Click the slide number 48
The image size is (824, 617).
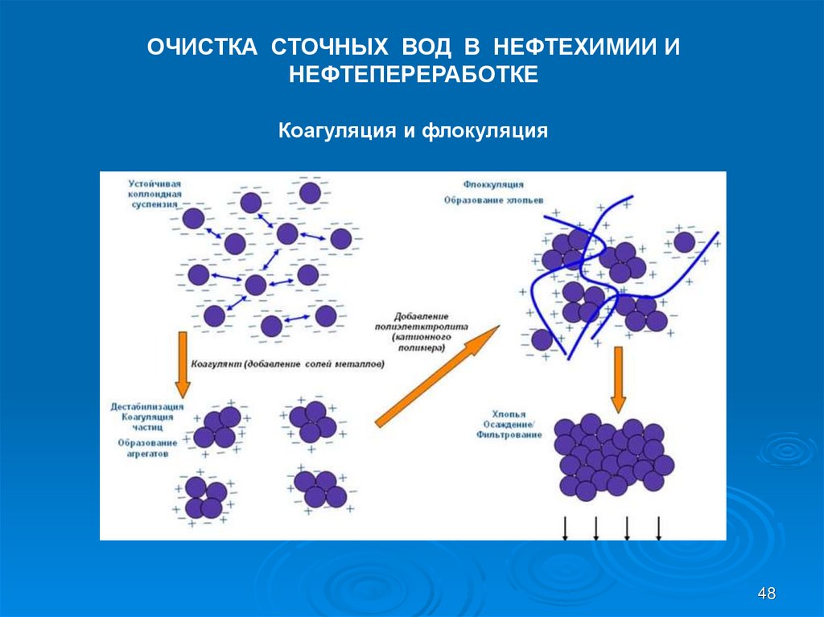pos(767,594)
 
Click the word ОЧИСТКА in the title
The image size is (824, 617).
pos(202,46)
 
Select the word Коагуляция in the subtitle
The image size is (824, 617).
pos(335,130)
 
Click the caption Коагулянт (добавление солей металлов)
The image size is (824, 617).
pos(288,364)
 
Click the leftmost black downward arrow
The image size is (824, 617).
pos(564,528)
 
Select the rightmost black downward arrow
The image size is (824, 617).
pos(659,528)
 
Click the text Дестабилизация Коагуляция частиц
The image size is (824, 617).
pos(146,417)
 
